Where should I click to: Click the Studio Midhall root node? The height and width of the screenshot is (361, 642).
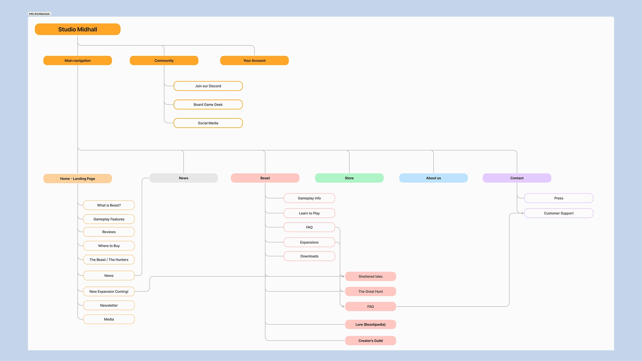point(78,29)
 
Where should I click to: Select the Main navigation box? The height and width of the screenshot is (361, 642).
point(78,61)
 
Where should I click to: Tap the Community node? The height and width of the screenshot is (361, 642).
point(164,61)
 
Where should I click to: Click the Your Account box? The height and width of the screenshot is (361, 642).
point(254,61)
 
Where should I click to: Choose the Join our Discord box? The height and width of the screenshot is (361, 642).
point(208,86)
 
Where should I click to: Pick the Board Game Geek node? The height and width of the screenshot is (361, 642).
point(208,105)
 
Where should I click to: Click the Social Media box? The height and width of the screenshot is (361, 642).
point(208,123)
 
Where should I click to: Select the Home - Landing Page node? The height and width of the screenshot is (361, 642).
point(78,178)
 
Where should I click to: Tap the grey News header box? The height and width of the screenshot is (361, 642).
point(183,178)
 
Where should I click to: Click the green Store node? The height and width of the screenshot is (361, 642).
point(349,178)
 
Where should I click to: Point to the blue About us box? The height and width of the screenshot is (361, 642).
point(433,178)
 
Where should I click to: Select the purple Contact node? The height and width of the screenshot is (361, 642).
point(517,178)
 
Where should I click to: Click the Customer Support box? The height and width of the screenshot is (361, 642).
point(558,213)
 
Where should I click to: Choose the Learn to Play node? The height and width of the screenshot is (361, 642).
point(309,213)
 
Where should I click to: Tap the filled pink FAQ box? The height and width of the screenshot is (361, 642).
point(370,307)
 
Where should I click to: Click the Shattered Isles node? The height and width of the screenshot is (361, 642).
point(370,276)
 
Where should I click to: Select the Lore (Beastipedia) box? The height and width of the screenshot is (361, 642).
point(370,325)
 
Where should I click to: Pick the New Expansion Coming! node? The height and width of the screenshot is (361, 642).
point(109,291)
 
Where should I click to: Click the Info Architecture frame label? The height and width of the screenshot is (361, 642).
point(39,14)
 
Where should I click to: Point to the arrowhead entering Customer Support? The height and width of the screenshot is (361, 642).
point(522,213)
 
